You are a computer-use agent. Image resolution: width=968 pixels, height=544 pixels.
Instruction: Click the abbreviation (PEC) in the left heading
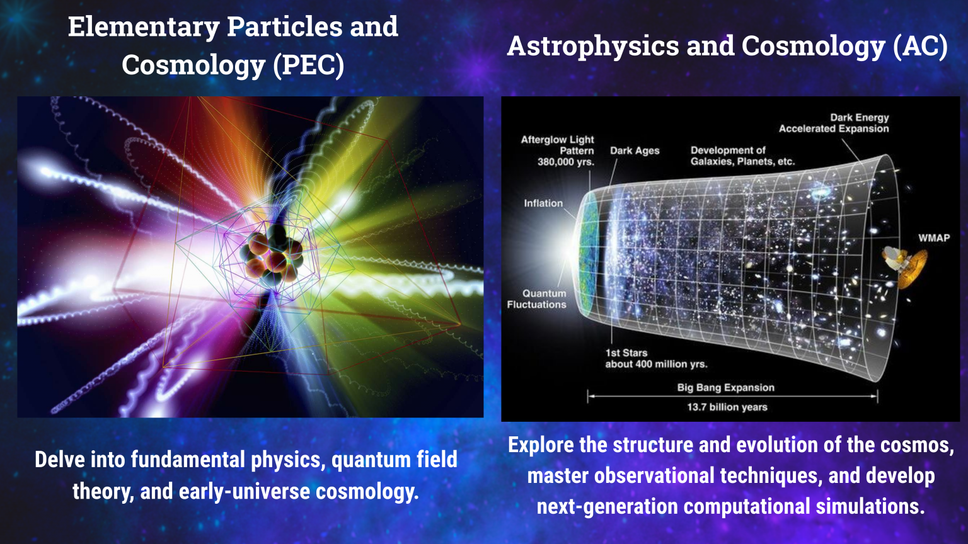[308, 65]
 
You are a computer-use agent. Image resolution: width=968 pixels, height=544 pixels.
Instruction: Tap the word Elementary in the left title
[143, 27]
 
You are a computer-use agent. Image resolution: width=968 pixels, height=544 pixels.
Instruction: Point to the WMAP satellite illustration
[906, 265]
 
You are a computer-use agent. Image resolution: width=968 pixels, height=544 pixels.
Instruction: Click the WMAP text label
[933, 238]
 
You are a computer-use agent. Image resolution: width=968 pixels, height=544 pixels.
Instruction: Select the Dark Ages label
[635, 151]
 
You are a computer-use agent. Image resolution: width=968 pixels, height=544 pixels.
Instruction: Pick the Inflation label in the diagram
[543, 203]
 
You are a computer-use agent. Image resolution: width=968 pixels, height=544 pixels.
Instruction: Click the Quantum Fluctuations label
[537, 299]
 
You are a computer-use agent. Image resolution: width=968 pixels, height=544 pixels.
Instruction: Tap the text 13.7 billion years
[727, 407]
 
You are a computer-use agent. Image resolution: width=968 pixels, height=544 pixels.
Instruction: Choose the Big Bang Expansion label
[726, 388]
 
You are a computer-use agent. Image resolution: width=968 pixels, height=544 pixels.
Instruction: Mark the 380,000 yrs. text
[565, 162]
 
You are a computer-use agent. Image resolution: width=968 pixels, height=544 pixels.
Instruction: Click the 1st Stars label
[626, 353]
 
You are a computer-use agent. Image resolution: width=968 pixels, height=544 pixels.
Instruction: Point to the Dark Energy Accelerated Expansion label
[834, 123]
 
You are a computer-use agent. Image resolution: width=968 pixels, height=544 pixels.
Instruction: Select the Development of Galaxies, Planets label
[742, 156]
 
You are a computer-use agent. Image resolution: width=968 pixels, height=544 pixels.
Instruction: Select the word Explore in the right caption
[541, 445]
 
